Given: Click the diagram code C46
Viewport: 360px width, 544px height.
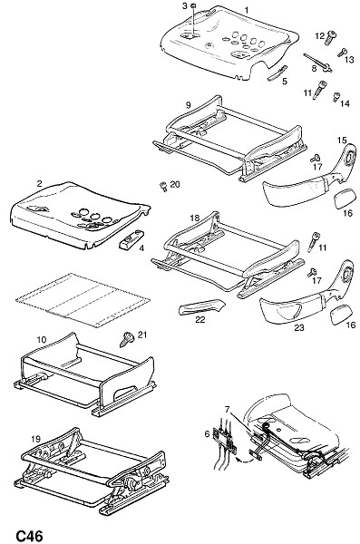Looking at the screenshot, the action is tap(30, 535).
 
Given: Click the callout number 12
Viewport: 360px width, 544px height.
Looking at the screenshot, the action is tap(319, 35).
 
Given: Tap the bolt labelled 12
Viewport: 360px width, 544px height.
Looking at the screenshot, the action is tap(331, 37).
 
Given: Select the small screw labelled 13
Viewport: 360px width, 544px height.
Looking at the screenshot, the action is tap(342, 53).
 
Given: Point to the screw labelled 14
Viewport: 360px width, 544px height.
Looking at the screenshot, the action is tap(336, 96).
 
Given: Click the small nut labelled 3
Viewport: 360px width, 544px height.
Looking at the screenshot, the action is tap(194, 5).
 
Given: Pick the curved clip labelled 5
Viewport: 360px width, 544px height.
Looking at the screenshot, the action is tap(277, 73).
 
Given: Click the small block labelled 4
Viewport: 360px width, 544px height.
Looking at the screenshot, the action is tap(131, 239).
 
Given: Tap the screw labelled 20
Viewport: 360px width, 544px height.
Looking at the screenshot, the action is tap(163, 186).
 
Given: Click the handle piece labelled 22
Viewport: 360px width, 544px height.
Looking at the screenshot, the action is tap(201, 306).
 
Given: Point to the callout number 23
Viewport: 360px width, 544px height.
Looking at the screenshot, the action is tap(299, 327).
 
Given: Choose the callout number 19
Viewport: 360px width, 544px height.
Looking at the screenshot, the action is tap(35, 439).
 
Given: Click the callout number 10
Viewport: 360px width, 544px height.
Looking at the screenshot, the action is tap(41, 339).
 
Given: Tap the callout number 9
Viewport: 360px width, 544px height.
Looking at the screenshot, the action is tap(188, 104).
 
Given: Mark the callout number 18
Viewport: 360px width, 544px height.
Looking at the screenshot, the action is tap(195, 218).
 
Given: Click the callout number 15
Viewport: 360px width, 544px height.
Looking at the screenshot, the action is tap(342, 141).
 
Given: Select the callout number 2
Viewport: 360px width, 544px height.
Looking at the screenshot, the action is tap(39, 183).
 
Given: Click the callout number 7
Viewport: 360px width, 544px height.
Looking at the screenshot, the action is tap(227, 410).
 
